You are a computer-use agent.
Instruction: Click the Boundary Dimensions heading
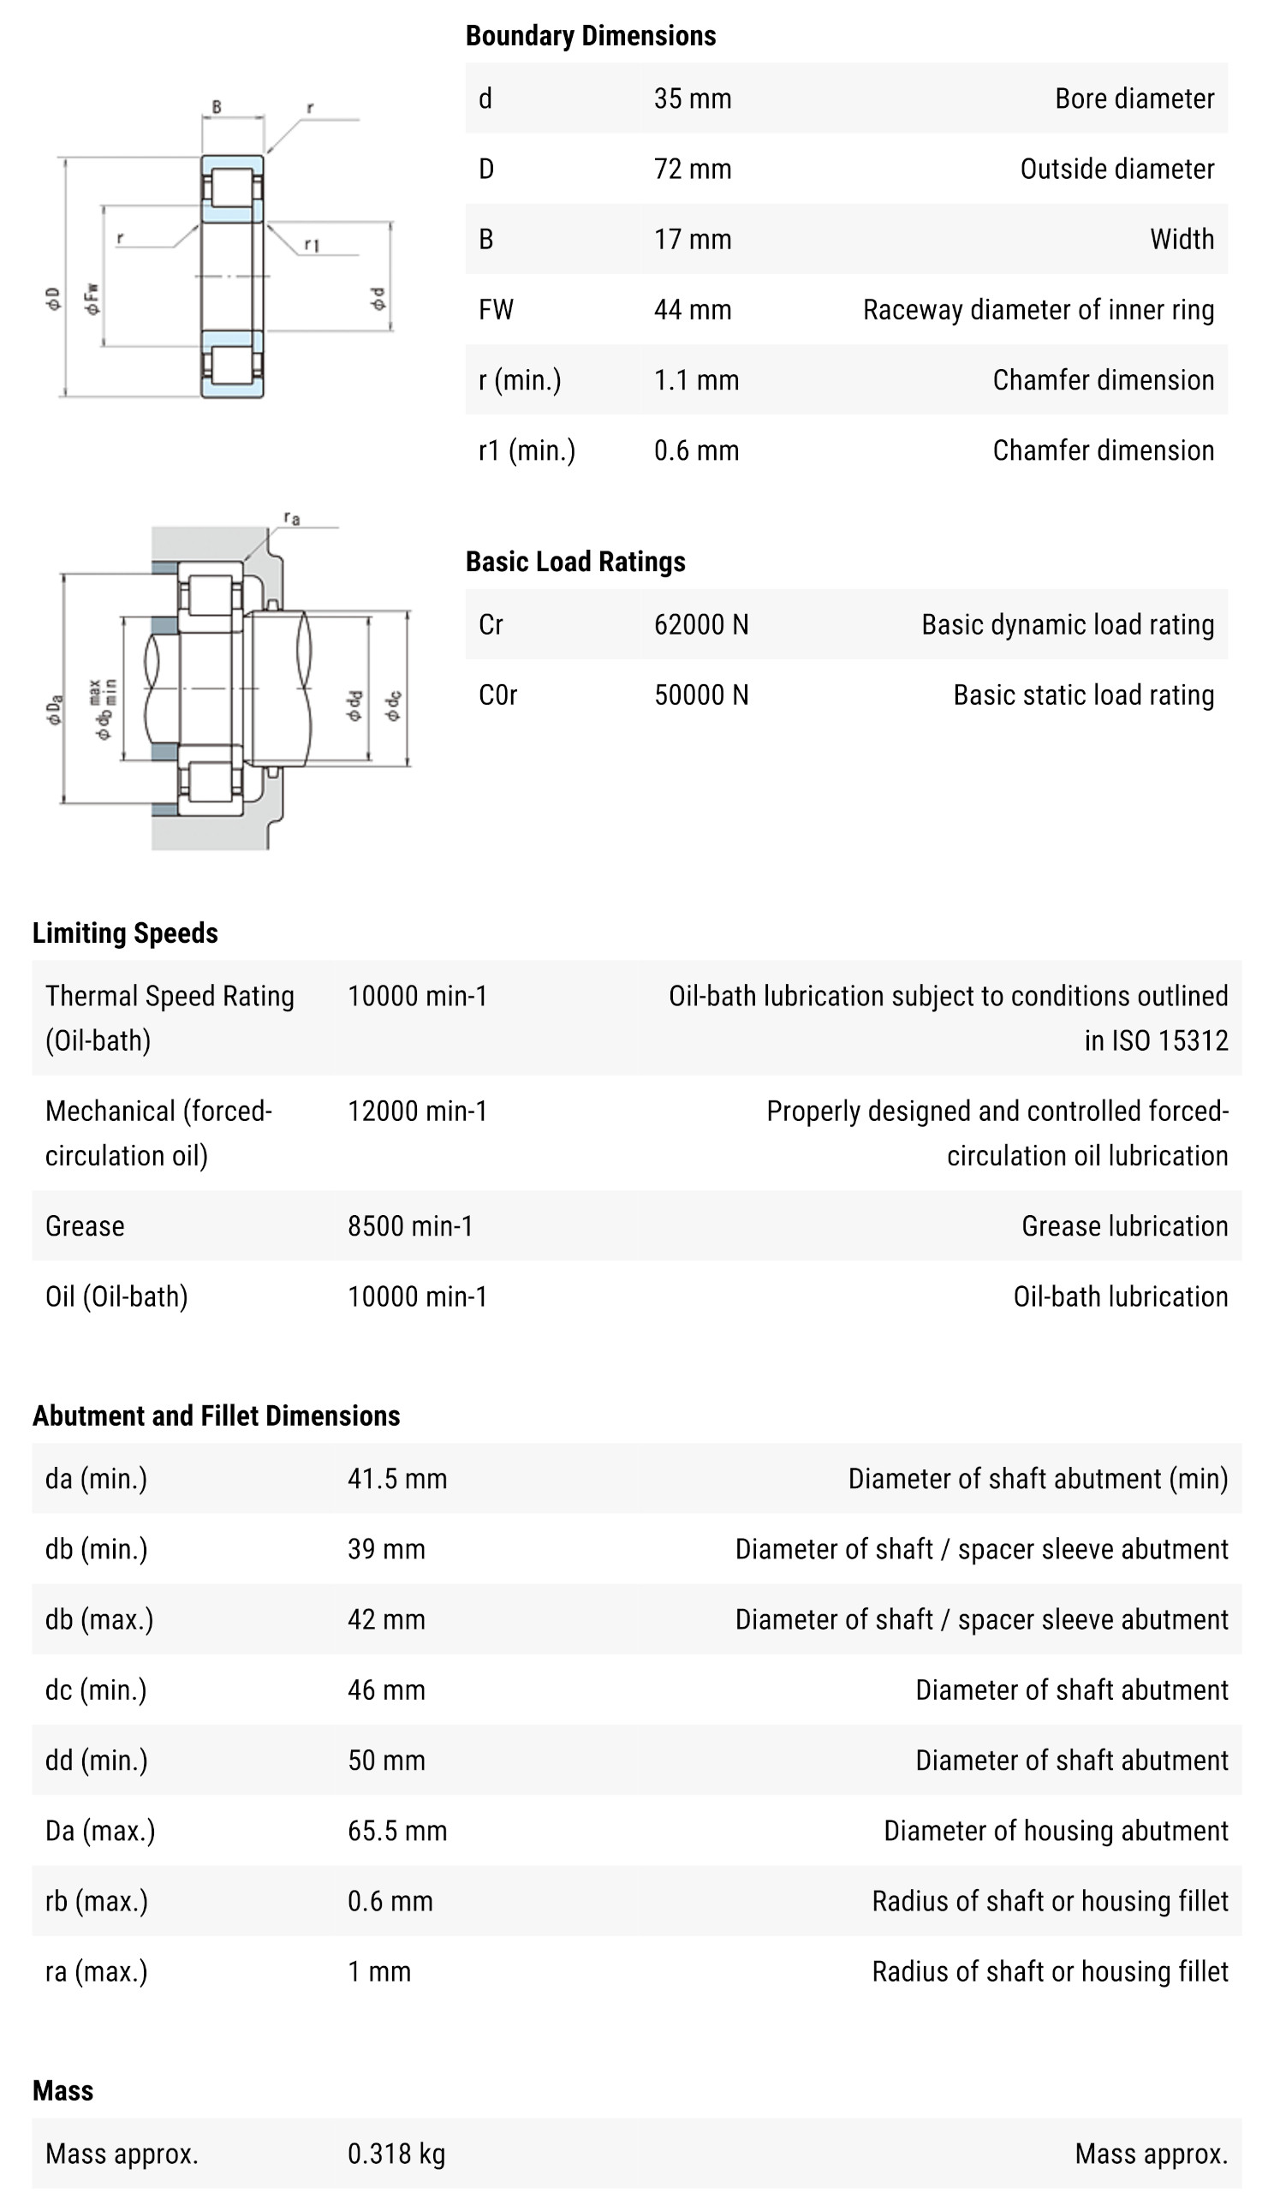click(590, 36)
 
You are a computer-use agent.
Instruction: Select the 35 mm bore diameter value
click(692, 98)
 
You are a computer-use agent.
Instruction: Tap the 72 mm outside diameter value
click(692, 169)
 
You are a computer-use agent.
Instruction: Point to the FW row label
click(496, 310)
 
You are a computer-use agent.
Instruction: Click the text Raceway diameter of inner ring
click(1038, 310)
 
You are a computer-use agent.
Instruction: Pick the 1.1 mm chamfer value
click(696, 380)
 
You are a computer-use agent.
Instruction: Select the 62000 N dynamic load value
click(700, 625)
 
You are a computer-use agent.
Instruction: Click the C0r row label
click(497, 695)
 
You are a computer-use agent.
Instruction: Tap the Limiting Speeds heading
click(125, 933)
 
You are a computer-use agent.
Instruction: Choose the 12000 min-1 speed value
click(417, 1111)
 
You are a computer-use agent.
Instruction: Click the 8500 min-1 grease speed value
click(410, 1226)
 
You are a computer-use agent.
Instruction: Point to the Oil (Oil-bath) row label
click(116, 1296)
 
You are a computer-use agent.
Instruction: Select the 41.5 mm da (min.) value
click(396, 1479)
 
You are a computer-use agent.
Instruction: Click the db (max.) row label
click(99, 1619)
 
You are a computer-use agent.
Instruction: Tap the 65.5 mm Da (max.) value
click(396, 1831)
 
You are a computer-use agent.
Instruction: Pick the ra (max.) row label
click(97, 1971)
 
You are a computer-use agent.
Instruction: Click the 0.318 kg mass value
click(396, 2154)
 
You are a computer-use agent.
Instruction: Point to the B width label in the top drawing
click(217, 107)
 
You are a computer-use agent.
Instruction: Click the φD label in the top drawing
click(53, 299)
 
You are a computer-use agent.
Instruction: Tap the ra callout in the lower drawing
click(291, 519)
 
